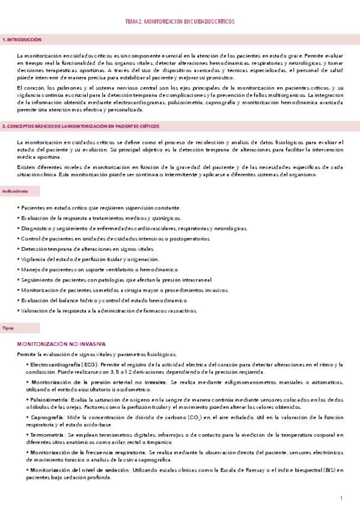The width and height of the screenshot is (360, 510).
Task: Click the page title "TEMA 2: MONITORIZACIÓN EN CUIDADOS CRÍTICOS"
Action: tap(180, 21)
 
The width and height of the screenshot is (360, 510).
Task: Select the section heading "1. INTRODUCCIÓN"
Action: tap(22, 39)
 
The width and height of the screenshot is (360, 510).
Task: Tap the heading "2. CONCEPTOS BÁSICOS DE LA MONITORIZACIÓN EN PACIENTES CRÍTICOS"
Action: tap(81, 126)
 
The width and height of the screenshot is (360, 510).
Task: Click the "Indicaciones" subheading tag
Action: tap(16, 191)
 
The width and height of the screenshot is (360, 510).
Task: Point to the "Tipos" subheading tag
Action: tap(9, 328)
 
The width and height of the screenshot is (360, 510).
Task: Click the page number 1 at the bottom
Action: tap(341, 498)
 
